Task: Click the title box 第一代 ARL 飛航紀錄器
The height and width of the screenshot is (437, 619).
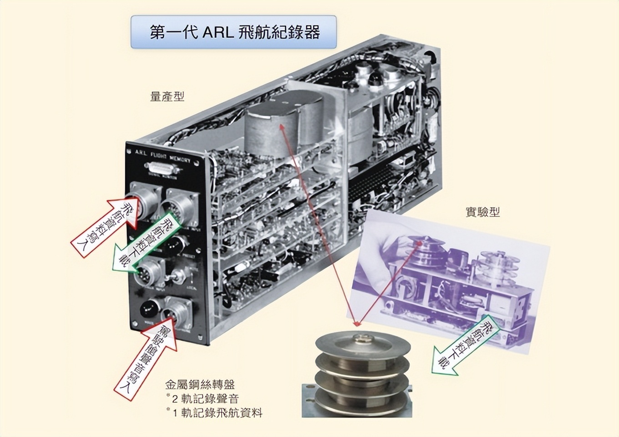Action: [x=233, y=32]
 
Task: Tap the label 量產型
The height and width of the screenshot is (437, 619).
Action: [x=167, y=97]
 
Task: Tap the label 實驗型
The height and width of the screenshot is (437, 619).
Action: [x=482, y=212]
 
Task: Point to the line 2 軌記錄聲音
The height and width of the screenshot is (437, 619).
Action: [x=205, y=399]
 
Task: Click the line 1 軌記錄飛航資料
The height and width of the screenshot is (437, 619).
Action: [x=217, y=413]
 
